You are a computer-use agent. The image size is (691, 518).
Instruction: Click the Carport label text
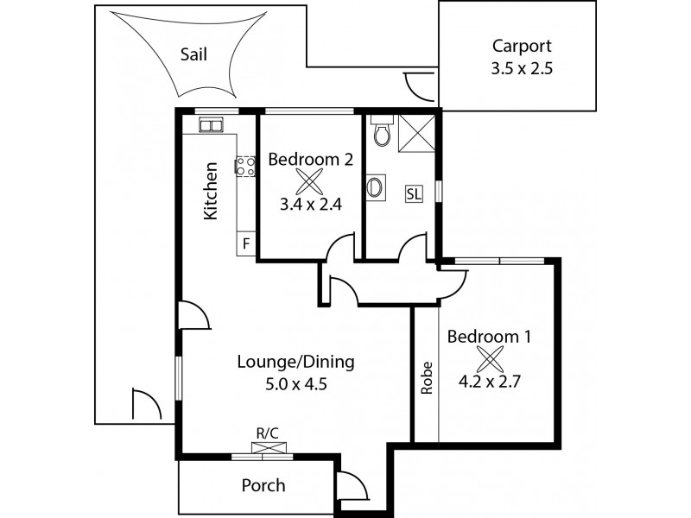[517, 47]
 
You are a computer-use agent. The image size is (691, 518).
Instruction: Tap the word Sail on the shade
[193, 54]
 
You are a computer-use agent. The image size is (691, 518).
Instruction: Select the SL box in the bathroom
[414, 193]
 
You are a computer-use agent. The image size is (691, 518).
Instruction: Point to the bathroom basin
[376, 186]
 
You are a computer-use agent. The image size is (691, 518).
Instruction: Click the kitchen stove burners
[246, 166]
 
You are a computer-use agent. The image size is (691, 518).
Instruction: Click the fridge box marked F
[246, 243]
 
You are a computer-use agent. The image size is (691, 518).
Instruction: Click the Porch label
[263, 485]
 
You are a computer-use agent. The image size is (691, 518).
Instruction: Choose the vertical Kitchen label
[210, 191]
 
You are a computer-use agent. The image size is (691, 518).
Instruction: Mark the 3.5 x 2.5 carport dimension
[517, 69]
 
